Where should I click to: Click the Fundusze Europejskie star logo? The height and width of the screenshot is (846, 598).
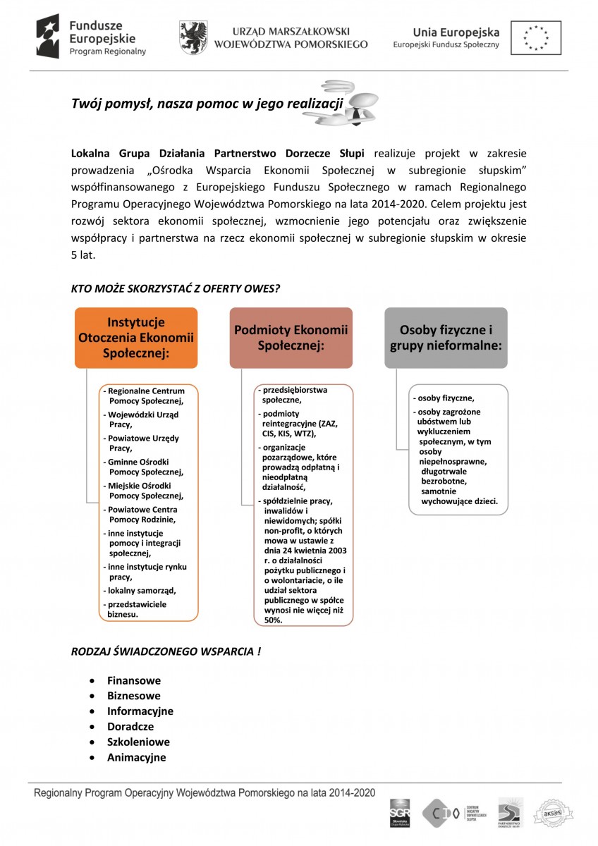pyautogui.click(x=49, y=36)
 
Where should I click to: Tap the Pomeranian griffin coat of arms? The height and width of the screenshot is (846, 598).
pyautogui.click(x=193, y=37)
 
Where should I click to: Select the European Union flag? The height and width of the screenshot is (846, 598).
pyautogui.click(x=536, y=37)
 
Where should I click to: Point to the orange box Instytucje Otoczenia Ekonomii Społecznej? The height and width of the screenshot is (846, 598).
pyautogui.click(x=137, y=338)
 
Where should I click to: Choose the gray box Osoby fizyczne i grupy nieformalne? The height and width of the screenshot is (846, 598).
pyautogui.click(x=446, y=338)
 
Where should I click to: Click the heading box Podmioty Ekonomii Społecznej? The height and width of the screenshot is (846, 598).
pyautogui.click(x=291, y=338)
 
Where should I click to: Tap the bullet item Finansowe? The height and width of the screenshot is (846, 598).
pyautogui.click(x=134, y=681)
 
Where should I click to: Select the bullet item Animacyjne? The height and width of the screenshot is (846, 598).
pyautogui.click(x=137, y=758)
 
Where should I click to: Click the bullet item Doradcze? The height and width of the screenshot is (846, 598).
pyautogui.click(x=130, y=727)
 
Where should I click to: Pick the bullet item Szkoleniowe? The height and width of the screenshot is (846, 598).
pyautogui.click(x=138, y=742)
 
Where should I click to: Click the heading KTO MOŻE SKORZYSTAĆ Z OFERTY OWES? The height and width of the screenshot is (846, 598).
pyautogui.click(x=176, y=289)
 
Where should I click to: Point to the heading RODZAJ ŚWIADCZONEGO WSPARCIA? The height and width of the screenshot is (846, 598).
pyautogui.click(x=166, y=651)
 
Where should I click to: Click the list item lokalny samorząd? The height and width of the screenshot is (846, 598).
pyautogui.click(x=141, y=590)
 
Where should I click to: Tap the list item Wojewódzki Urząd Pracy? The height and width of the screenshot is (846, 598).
pyautogui.click(x=143, y=420)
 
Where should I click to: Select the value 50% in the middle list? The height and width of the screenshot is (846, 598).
pyautogui.click(x=272, y=620)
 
